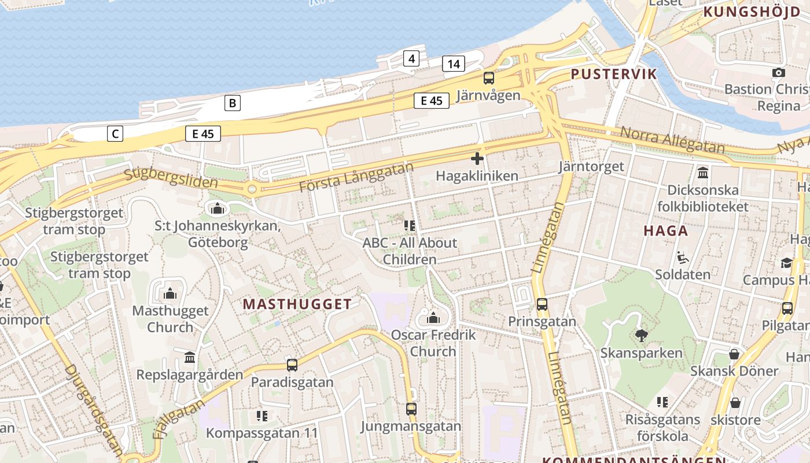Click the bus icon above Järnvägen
(x=489, y=78)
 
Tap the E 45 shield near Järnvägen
(x=432, y=101)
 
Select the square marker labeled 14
(x=454, y=64)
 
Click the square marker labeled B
(x=232, y=104)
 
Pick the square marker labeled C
(x=115, y=134)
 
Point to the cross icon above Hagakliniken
(x=477, y=159)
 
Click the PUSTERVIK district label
(x=614, y=74)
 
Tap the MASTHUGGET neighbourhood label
(x=297, y=304)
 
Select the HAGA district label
(x=666, y=231)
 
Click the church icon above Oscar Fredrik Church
(x=433, y=318)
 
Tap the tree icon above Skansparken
(x=641, y=335)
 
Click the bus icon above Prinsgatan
(x=542, y=304)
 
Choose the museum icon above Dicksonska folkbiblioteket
(x=703, y=172)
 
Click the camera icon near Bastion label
(x=779, y=72)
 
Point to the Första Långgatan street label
(x=356, y=178)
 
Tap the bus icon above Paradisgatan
(x=292, y=365)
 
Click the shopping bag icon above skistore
(x=735, y=402)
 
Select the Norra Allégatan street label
(x=672, y=140)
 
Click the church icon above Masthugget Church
(x=170, y=293)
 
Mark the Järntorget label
(x=591, y=167)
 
